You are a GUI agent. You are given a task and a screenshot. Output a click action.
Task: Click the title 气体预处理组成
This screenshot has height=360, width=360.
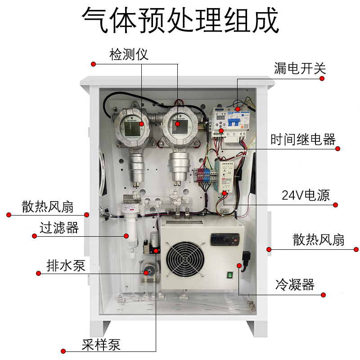pos(180,20)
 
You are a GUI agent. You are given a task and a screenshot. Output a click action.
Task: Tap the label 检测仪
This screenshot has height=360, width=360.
pos(129,55)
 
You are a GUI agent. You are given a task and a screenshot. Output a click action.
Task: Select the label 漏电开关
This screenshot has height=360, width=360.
pos(300,68)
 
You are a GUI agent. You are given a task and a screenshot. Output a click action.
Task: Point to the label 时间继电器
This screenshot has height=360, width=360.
pos(303,139)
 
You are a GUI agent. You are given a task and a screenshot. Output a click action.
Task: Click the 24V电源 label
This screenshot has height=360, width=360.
pos(306,195)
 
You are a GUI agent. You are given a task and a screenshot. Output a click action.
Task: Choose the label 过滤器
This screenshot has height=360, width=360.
pos(59,228)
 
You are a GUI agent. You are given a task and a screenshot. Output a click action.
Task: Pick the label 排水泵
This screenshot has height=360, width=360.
pos(66,265)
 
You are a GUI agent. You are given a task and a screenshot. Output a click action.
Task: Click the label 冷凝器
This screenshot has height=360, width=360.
pos(295,285)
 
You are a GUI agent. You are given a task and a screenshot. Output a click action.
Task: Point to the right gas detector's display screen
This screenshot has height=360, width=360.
pos(178,124)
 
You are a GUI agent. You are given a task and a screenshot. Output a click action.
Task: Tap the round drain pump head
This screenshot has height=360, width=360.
pos(147,272)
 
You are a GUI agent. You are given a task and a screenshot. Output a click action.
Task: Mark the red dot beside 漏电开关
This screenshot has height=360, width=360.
pos(322,78)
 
